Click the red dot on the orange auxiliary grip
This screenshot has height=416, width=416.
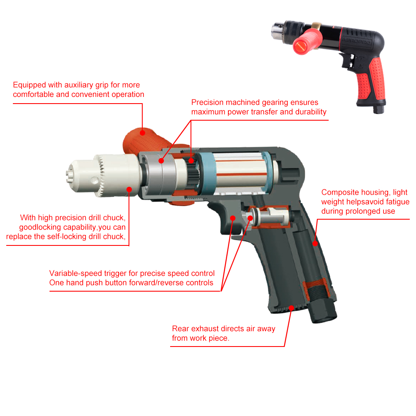click(x=142, y=133)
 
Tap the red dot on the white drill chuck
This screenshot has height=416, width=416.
click(x=129, y=189)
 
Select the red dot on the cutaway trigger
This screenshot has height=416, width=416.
click(x=233, y=218)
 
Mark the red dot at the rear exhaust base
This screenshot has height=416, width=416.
click(x=291, y=308)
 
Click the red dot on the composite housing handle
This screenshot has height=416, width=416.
click(x=315, y=243)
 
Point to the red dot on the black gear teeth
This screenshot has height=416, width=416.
click(x=191, y=161)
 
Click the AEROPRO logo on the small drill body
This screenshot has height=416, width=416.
click(x=357, y=41)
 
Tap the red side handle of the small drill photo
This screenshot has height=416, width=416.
click(x=307, y=41)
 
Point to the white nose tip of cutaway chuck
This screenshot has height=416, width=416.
click(x=69, y=174)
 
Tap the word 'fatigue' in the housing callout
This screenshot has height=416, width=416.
click(x=398, y=202)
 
